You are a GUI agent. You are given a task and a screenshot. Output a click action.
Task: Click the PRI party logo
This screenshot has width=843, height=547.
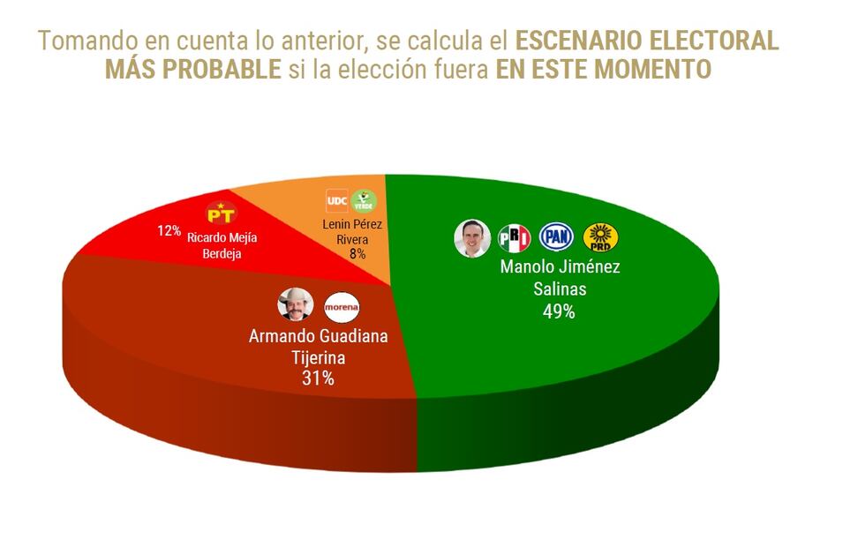515,238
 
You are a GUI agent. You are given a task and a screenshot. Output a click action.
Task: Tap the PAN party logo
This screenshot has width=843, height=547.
556,236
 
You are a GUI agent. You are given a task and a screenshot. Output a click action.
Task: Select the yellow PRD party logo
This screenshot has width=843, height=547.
600,237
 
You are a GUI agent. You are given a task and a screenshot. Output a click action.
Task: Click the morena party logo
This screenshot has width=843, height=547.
342,306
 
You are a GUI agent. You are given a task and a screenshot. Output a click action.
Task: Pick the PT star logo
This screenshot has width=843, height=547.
222,213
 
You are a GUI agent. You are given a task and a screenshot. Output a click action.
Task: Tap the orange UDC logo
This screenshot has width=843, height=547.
336,200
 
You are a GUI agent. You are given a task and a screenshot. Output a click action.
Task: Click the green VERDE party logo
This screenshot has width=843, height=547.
364,201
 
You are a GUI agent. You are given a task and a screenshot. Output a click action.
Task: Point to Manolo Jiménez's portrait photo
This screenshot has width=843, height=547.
472,238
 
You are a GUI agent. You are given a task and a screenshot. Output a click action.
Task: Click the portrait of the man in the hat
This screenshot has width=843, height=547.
296,305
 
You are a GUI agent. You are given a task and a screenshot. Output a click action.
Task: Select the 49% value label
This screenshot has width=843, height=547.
560,311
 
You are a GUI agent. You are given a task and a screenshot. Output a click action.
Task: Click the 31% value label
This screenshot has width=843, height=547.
318,379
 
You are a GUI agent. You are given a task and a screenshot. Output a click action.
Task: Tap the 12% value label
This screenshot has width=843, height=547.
169,231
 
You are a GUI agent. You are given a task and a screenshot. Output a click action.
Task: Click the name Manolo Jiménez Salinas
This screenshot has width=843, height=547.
560,278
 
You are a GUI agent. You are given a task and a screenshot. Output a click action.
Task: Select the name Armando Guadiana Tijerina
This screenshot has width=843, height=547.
319,347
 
